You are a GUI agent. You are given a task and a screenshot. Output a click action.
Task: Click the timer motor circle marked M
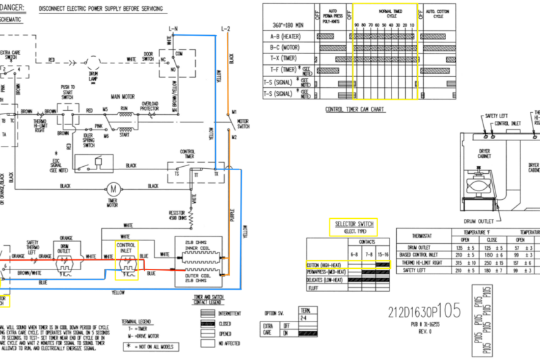pos(113,186)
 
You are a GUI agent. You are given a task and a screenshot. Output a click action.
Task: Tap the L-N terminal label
pos(173,28)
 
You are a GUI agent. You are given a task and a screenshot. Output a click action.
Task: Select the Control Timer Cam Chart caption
pos(355,109)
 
